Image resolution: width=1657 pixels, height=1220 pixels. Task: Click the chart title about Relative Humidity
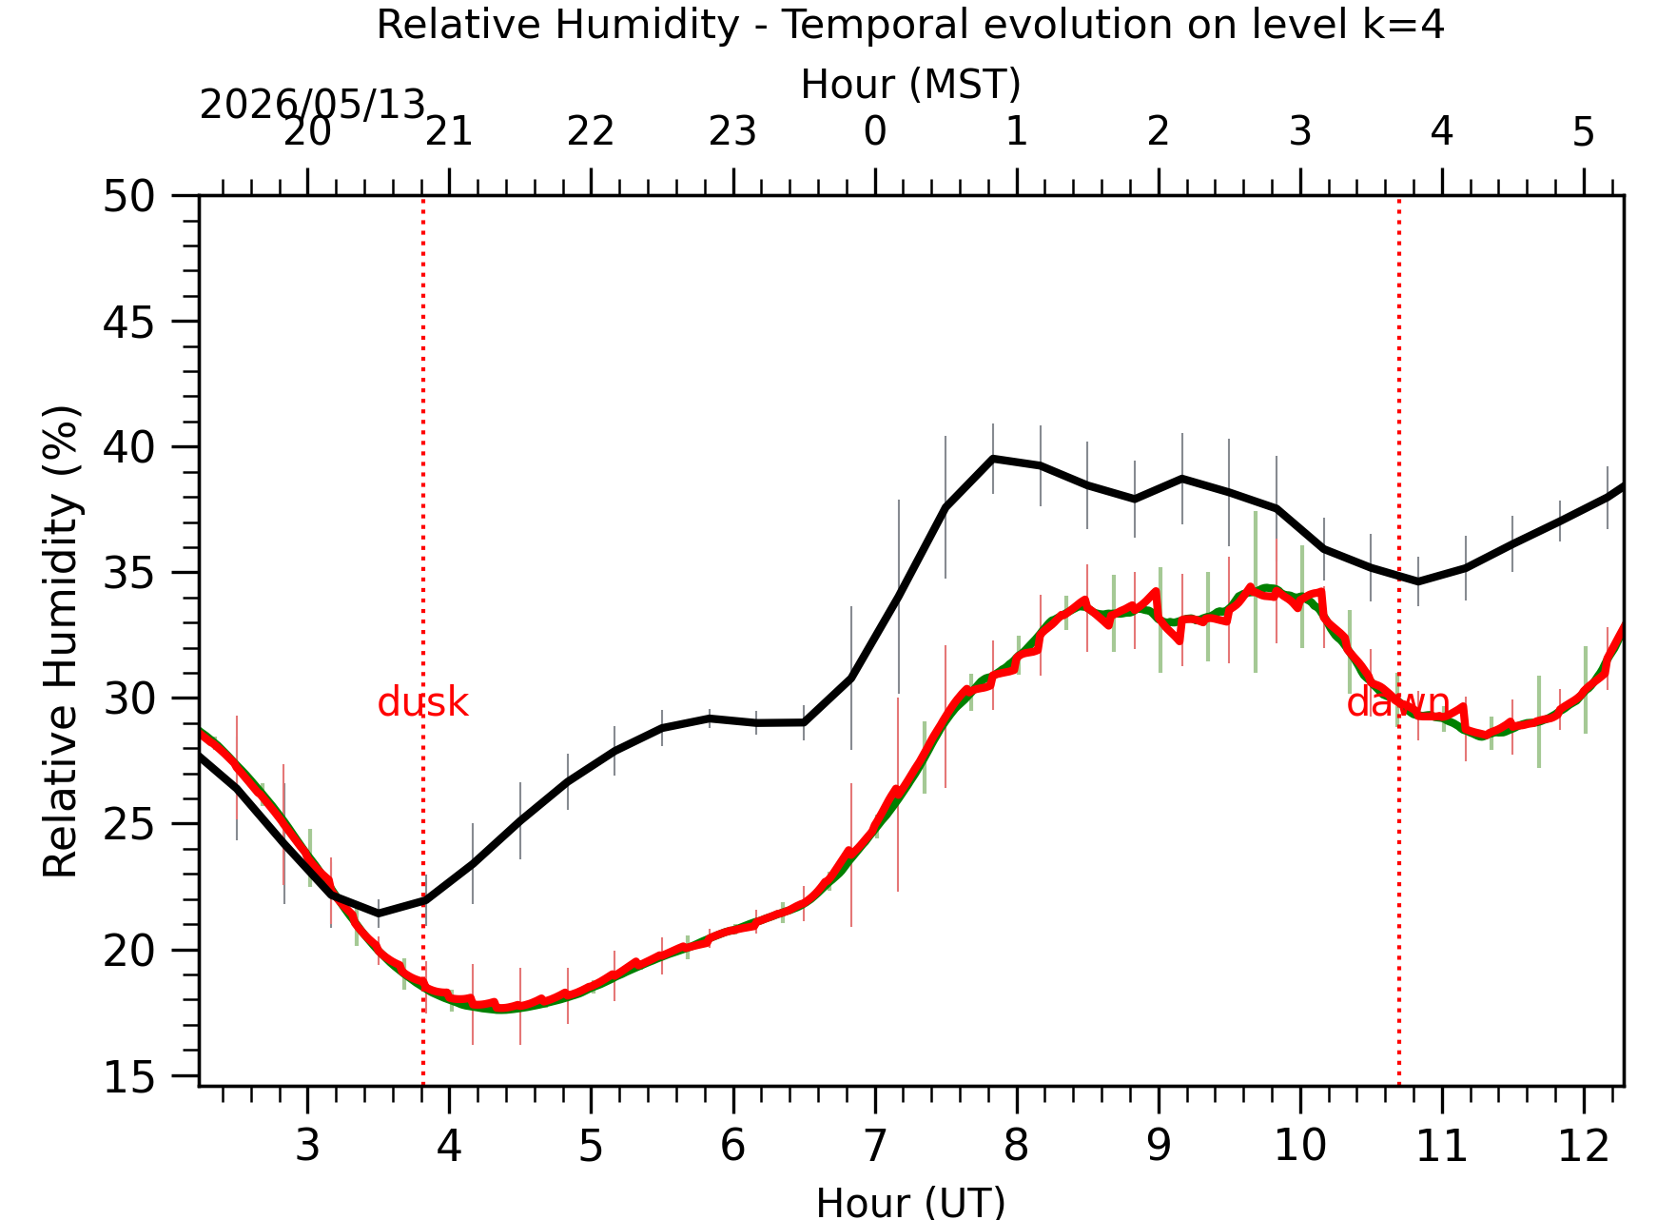910,25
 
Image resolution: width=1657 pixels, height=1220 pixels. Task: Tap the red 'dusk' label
423,703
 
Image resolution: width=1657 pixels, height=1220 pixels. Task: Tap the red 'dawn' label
1397,703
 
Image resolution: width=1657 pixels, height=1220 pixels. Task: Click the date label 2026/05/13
312,105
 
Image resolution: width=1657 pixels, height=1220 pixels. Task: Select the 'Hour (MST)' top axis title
910,85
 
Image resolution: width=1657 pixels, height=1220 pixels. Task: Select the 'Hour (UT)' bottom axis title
910,1202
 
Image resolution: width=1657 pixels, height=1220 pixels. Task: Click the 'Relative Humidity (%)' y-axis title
61,640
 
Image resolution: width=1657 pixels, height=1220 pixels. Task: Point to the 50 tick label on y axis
128,197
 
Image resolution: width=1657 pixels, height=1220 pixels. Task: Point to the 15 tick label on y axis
128,1077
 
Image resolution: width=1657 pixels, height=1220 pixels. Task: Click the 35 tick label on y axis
128,574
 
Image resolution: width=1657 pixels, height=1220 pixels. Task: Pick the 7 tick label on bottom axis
875,1146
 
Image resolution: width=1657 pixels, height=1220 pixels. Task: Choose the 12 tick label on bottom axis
1584,1146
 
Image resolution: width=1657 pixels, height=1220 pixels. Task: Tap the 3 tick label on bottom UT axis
307,1146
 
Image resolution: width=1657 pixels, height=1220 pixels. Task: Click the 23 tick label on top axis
732,131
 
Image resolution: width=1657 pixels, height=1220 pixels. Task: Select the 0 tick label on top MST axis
875,131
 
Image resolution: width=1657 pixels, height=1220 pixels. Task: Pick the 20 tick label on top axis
307,131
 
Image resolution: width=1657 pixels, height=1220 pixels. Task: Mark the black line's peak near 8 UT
993,458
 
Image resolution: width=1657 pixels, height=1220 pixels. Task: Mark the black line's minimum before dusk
379,914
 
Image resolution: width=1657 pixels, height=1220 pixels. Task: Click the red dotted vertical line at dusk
423,640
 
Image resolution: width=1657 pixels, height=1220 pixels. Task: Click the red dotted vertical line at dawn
1399,640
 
